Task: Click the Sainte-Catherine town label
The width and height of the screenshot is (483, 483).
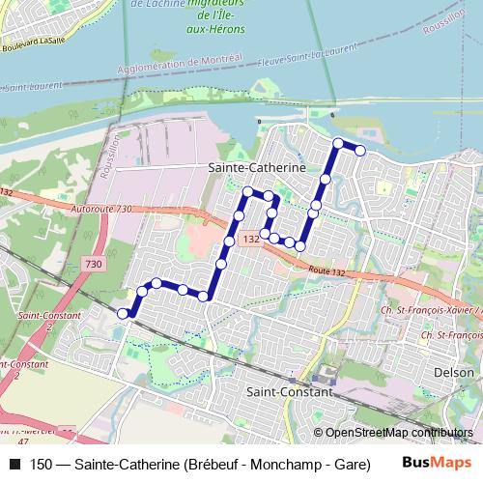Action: (257, 167)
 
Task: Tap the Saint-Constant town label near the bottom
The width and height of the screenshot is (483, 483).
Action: (290, 393)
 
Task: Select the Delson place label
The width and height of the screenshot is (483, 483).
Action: (454, 372)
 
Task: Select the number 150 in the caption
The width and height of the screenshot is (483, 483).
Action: (42, 464)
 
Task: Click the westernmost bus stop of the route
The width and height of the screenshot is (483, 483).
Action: (123, 313)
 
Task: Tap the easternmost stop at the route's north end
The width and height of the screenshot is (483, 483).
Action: (360, 150)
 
